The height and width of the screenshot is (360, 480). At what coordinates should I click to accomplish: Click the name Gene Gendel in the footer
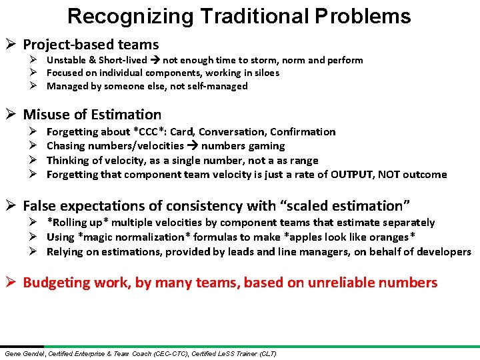coord(23,353)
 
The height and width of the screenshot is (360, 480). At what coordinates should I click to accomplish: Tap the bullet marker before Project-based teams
coord(11,45)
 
